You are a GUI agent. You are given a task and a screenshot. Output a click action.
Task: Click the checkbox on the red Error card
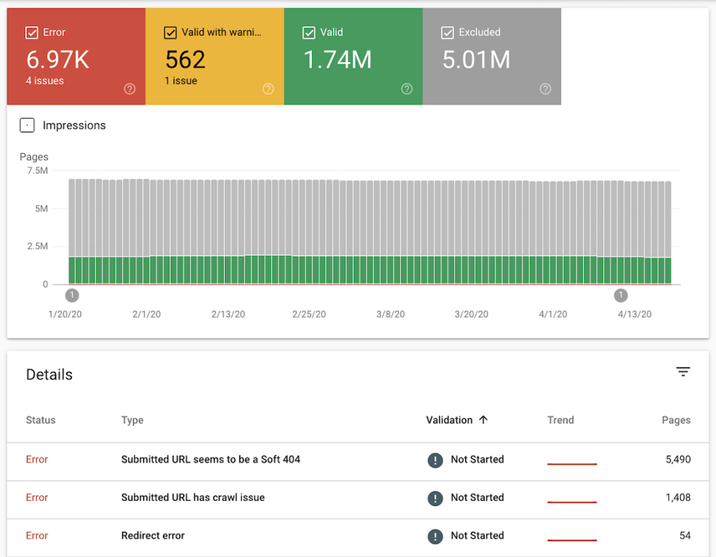[x=32, y=33]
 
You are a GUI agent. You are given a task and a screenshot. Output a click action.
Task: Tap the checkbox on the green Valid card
[x=309, y=33]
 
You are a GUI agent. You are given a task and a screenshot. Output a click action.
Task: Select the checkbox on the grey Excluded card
[x=447, y=33]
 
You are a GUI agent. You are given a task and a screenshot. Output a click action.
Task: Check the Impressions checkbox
[x=28, y=125]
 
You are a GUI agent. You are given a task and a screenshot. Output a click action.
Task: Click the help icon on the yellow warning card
[x=268, y=89]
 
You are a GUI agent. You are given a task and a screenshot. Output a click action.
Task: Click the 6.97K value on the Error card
[x=57, y=60]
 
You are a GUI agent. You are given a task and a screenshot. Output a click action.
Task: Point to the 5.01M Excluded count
[x=476, y=60]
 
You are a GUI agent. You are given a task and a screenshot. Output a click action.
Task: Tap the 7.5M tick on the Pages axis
[x=38, y=171]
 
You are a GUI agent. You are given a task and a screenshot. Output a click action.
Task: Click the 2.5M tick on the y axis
[x=38, y=247]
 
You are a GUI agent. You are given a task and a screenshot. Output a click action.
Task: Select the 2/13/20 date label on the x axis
[x=228, y=314]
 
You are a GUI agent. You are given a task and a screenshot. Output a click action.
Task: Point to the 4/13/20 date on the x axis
[x=634, y=314]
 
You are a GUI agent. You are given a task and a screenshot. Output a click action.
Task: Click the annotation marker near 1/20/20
[x=72, y=295]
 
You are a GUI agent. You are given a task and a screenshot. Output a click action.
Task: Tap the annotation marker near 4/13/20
[x=621, y=295]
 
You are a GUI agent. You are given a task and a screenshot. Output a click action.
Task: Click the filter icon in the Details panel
[x=683, y=372]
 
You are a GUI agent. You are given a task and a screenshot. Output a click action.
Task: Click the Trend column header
[x=560, y=420]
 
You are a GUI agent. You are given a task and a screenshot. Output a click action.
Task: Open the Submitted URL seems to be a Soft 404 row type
[x=210, y=459]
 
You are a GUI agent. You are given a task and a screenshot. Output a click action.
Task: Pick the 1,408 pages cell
[x=678, y=498]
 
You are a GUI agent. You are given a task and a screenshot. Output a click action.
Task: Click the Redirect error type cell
[x=152, y=535]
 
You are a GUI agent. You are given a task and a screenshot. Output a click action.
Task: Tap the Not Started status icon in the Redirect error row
[x=435, y=536]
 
